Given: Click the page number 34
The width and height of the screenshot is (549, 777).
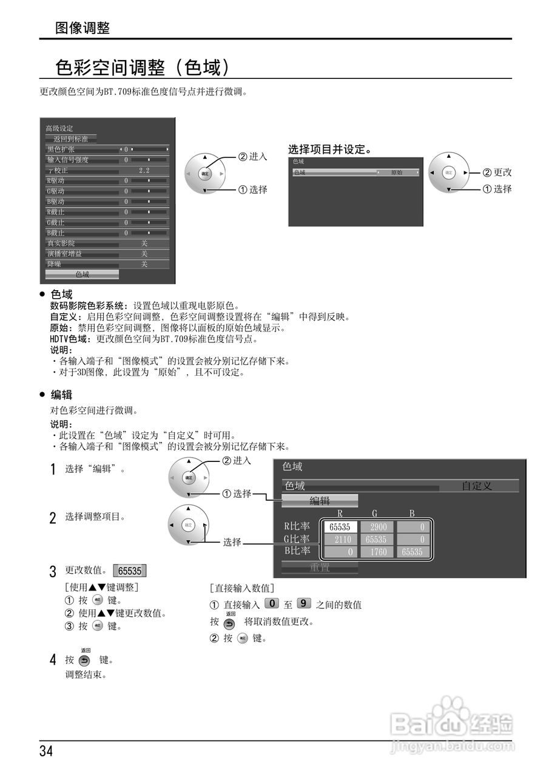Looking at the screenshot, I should coord(47,751).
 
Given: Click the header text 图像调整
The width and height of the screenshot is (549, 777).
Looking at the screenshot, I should coord(83,28).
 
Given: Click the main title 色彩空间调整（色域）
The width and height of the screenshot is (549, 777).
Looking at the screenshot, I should coord(143,67).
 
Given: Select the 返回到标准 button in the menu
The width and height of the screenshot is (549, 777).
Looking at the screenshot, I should coord(70,139).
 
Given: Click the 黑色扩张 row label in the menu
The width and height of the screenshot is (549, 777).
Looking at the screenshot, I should coord(61,149).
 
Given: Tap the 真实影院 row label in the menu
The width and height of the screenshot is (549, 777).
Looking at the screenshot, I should coord(61,243).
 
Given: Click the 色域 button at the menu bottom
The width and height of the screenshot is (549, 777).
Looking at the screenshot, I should coord(82,274).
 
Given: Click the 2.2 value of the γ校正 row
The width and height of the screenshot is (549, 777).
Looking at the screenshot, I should coord(144,171).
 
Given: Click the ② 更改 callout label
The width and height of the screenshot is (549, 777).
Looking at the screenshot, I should coord(497,172).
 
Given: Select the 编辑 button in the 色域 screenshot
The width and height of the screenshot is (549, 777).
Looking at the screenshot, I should coord(320,501).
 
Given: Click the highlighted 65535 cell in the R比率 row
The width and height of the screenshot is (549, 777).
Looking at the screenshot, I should coord(340,527).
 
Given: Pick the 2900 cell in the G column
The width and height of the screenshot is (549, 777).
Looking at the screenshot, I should coord(379,527).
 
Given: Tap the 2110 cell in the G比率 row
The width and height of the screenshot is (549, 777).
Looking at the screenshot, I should coord(342,540).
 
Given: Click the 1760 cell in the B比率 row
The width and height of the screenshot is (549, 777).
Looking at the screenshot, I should coord(379,552).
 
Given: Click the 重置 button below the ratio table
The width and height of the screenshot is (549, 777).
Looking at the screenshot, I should coord(320,568).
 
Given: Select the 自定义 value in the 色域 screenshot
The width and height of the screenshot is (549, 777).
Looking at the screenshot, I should coord(477,486).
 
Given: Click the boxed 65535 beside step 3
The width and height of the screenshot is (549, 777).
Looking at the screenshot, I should coord(130,571).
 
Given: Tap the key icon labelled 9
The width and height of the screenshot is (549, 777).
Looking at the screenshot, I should coord(304,603).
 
